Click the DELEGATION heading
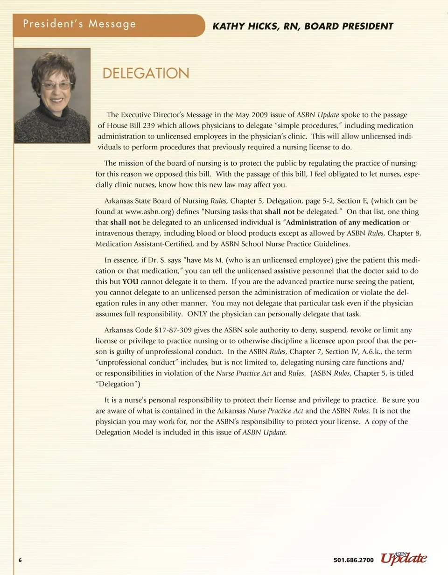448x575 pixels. (x=146, y=74)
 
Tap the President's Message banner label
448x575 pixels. (x=79, y=24)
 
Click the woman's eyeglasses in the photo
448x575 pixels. (x=56, y=85)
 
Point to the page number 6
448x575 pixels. (x=20, y=560)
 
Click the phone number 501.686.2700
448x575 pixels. (x=354, y=560)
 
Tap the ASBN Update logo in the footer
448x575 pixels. (x=404, y=558)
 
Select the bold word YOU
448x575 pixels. (x=130, y=282)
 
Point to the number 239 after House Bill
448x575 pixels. (x=148, y=126)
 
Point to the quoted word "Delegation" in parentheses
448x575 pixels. (x=118, y=384)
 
